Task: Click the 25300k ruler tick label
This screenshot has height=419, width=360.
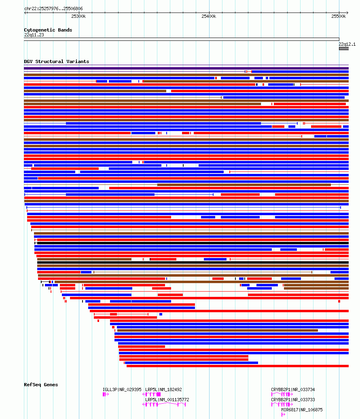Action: (78, 16)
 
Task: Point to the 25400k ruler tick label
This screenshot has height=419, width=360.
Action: (209, 16)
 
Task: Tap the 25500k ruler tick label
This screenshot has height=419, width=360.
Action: (339, 16)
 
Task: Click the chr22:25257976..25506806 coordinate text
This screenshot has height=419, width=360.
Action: (53, 8)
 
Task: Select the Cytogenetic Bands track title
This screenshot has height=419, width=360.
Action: (48, 30)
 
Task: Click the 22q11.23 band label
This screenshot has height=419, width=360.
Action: (34, 35)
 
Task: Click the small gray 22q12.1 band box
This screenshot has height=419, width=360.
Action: (343, 49)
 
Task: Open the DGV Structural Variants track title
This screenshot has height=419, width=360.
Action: (56, 61)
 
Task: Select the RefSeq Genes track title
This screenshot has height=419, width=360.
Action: (41, 385)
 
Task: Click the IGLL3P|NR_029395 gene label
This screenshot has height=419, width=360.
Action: (122, 390)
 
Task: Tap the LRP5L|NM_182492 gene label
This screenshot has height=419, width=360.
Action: (163, 390)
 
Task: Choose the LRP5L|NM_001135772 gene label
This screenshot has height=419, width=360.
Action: (167, 400)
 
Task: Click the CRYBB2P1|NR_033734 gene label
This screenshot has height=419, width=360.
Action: (293, 390)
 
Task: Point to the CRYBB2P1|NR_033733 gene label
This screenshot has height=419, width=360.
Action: (293, 400)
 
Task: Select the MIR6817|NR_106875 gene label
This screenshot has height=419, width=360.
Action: (302, 410)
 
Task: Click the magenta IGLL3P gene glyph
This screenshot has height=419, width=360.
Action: (106, 394)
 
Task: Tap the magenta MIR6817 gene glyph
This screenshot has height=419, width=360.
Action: (283, 415)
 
